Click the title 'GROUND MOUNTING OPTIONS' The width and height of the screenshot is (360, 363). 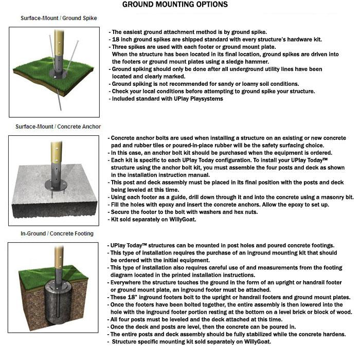175,5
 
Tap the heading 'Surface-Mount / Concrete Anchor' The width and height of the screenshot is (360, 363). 58,126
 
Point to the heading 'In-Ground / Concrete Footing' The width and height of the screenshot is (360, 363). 57,233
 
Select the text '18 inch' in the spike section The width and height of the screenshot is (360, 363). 122,39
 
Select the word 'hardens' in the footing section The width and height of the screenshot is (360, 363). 332,334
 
